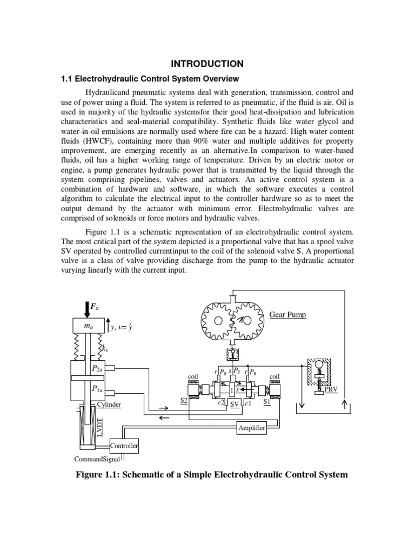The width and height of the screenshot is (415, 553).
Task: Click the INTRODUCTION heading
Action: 207,63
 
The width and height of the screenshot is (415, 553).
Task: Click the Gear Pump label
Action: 287,314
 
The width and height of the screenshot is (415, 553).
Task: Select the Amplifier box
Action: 252,428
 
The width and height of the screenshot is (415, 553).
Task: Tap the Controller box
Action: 124,446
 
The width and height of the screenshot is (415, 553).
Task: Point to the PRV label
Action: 331,388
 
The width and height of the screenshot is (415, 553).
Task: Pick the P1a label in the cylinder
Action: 98,388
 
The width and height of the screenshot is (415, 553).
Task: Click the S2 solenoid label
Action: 184,401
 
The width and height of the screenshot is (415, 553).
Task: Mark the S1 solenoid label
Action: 267,401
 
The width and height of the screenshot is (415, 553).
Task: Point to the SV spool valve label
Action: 234,404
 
